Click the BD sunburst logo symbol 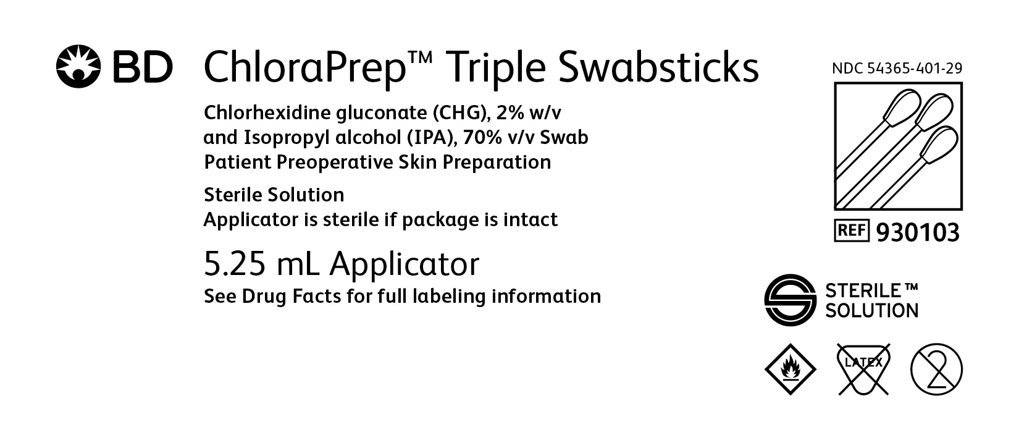pyautogui.click(x=78, y=66)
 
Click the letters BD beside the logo pyautogui.click(x=143, y=67)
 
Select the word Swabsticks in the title pyautogui.click(x=659, y=66)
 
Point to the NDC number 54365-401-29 pyautogui.click(x=915, y=68)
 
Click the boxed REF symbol pyautogui.click(x=852, y=231)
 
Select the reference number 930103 pyautogui.click(x=918, y=232)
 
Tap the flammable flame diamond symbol pyautogui.click(x=790, y=369)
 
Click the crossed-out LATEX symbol pyautogui.click(x=863, y=369)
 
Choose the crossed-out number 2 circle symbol pyautogui.click(x=936, y=369)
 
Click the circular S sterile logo pyautogui.click(x=790, y=300)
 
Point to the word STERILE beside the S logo pyautogui.click(x=863, y=290)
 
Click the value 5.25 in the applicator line pyautogui.click(x=235, y=264)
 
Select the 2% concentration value pyautogui.click(x=510, y=113)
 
